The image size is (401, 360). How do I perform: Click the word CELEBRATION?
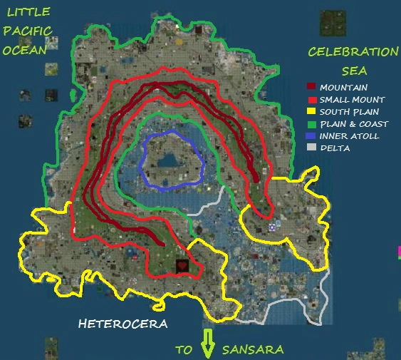tap(353, 52)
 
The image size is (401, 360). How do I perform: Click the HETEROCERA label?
tap(123, 324)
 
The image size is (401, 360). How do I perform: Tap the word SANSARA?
tap(253, 349)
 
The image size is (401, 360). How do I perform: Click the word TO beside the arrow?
tap(184, 349)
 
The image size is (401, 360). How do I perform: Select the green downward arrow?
tap(208, 343)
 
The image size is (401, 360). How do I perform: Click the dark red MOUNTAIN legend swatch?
tap(311, 88)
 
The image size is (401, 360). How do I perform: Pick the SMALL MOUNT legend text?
tap(352, 100)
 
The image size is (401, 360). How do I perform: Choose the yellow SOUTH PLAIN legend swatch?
tap(311, 112)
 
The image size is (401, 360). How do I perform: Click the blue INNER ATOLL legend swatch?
tap(311, 135)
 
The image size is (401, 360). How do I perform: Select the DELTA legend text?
tap(334, 148)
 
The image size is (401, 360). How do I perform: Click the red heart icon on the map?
tap(182, 266)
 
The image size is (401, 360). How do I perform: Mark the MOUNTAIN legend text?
tap(344, 88)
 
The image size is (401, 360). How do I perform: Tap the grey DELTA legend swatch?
tap(311, 148)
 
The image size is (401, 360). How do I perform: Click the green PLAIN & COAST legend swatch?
tap(311, 124)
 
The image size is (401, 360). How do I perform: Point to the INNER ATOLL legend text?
tap(349, 135)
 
